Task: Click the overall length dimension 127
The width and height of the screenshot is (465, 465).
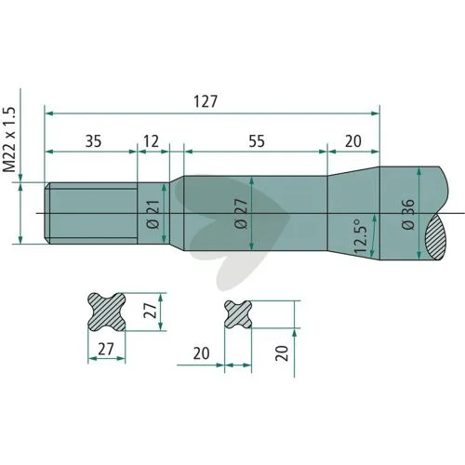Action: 206,101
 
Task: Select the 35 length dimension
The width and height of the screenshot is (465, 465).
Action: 93,141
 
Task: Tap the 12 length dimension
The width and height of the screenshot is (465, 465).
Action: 152,141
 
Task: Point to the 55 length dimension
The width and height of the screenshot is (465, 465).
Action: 257,141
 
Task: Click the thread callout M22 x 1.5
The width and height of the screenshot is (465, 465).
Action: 9,139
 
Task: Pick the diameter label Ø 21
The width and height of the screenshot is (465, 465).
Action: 153,215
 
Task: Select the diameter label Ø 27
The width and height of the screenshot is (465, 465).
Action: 241,214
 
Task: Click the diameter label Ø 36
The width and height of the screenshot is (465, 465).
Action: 408,214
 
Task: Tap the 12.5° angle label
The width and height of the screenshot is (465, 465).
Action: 361,235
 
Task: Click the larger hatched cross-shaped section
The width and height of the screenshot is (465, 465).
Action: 107,312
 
